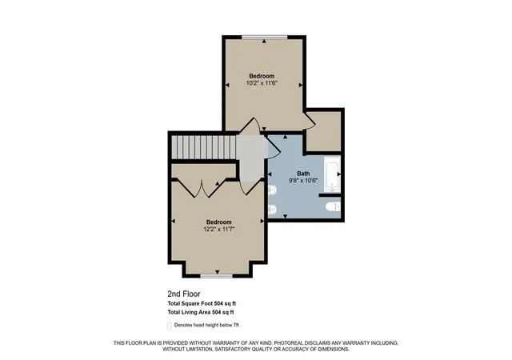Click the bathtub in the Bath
pyautogui.click(x=332, y=174)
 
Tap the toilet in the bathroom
pyautogui.click(x=333, y=206)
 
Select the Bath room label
pyautogui.click(x=303, y=174)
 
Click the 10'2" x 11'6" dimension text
pyautogui.click(x=262, y=83)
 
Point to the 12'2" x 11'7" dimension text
pyautogui.click(x=219, y=229)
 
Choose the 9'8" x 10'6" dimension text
pyautogui.click(x=303, y=180)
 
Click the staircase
pyautogui.click(x=204, y=147)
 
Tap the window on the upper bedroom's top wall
pyautogui.click(x=264, y=37)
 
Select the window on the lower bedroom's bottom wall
pyautogui.click(x=216, y=276)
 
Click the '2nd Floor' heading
pyautogui.click(x=184, y=294)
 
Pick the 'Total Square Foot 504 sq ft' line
pyautogui.click(x=202, y=303)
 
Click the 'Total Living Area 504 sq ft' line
pyautogui.click(x=201, y=312)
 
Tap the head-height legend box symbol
pyautogui.click(x=169, y=326)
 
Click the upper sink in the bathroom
pyautogui.click(x=272, y=190)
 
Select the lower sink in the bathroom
pyautogui.click(x=272, y=210)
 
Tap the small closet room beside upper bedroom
pyautogui.click(x=323, y=132)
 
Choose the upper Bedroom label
pyautogui.click(x=262, y=76)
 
